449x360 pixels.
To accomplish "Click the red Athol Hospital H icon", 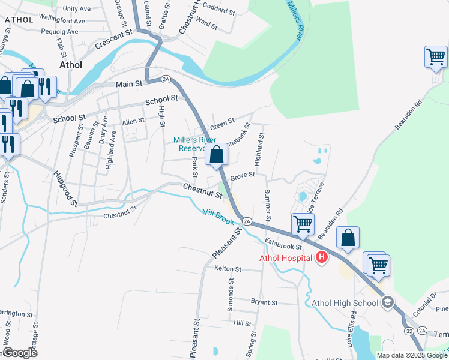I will click(x=322, y=258).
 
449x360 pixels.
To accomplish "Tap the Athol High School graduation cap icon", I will click(x=387, y=302).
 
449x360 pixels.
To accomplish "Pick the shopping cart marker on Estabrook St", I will click(x=303, y=225).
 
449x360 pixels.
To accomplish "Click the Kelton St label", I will click(x=228, y=269).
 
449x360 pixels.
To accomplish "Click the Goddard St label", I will click(x=219, y=10).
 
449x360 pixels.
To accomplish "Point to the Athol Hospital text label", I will click(x=285, y=259).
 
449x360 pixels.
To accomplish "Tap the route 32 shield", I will click(x=408, y=331).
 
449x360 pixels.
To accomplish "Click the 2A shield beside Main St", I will click(x=166, y=79).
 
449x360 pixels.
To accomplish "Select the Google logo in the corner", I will click(x=19, y=352).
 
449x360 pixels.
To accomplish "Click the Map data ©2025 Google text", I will click(x=412, y=355).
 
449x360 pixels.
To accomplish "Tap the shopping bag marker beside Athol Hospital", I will click(x=348, y=238).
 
